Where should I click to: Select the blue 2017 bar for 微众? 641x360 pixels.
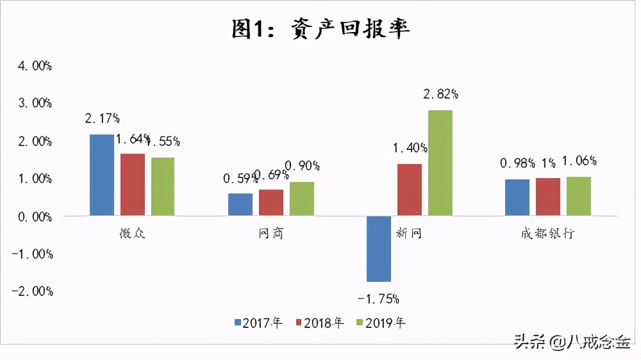[101, 175]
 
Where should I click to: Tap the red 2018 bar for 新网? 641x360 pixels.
[409, 190]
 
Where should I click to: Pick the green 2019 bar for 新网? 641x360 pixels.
[440, 163]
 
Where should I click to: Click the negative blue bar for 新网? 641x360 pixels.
[378, 249]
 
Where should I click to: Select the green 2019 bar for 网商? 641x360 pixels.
[301, 199]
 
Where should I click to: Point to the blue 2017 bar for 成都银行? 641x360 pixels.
[517, 197]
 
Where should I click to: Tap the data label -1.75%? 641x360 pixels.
[378, 298]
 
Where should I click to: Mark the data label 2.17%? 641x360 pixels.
[102, 119]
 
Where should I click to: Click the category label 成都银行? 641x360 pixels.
[547, 233]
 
